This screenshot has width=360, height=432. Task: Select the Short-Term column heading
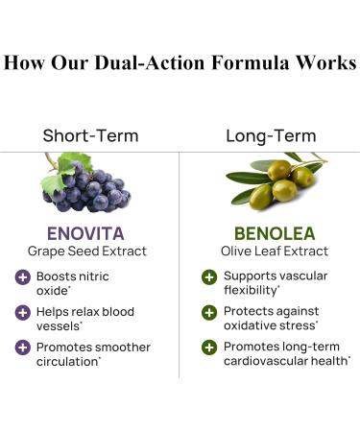click(x=89, y=136)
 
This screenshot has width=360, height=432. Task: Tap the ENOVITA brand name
click(x=88, y=233)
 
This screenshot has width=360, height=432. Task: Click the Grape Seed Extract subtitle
click(x=88, y=252)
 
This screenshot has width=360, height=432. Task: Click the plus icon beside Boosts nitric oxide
click(x=22, y=277)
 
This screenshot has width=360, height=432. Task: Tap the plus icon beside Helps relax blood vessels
click(x=22, y=312)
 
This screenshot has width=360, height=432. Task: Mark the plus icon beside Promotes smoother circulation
click(x=22, y=347)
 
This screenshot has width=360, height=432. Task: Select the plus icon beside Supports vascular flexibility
click(x=208, y=277)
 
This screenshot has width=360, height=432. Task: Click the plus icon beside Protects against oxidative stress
click(x=208, y=312)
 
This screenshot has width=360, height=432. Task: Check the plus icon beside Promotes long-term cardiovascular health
click(x=208, y=347)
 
